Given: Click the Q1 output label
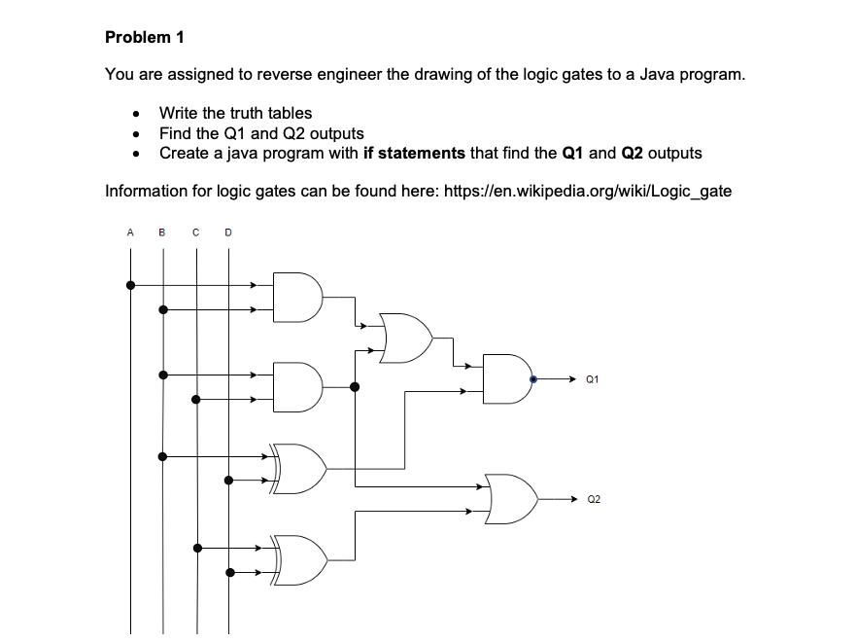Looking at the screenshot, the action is tap(593, 379).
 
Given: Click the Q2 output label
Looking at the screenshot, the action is tap(594, 499).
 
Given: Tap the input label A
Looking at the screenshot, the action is tap(130, 232).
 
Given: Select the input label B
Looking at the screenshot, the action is tap(161, 232).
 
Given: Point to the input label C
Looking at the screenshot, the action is tap(195, 232).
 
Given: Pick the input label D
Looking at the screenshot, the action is tap(228, 232).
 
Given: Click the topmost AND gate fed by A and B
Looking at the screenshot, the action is tap(297, 298).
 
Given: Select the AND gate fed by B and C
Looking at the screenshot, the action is tap(297, 387).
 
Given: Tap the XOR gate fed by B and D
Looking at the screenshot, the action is tap(298, 469).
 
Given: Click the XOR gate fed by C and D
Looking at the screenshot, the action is tap(298, 560).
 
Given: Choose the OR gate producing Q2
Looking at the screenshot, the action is tap(511, 499).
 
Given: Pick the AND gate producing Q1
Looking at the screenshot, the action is tap(508, 379).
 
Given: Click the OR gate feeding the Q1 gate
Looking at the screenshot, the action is tap(406, 338).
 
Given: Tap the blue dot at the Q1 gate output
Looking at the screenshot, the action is tap(533, 379).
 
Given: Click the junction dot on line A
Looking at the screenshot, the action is tap(130, 285).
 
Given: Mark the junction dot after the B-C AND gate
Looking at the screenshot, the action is tap(355, 387).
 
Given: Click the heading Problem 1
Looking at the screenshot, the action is tap(145, 37).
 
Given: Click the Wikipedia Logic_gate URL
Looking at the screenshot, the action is tap(588, 191).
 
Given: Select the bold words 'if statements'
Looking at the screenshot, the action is tap(414, 153).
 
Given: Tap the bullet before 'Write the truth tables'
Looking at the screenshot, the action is tap(136, 114).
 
